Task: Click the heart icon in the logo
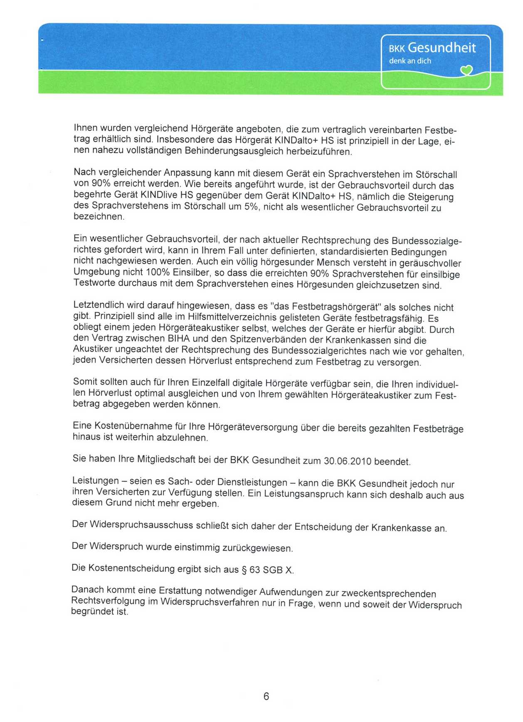467,71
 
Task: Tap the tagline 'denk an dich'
410,61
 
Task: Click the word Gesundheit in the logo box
442,48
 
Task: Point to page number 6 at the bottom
266,696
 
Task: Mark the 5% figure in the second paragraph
252,207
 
